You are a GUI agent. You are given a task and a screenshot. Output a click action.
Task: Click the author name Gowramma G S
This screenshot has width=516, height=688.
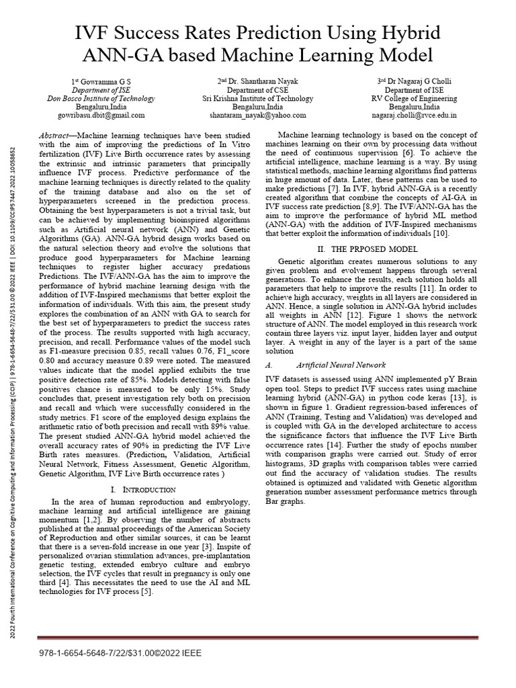click(x=101, y=81)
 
